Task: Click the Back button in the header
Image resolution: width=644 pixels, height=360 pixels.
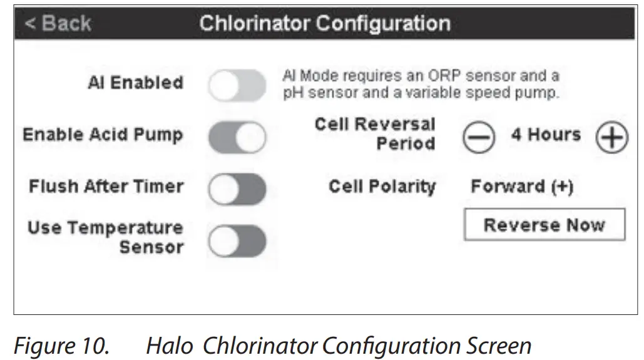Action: point(58,24)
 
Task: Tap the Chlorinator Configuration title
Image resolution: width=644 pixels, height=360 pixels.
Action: point(325,24)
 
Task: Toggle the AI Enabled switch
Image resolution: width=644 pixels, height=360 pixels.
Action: point(237,86)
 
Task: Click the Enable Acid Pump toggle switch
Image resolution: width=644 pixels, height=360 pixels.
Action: point(237,137)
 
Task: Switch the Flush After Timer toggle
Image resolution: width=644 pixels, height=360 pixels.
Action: point(237,189)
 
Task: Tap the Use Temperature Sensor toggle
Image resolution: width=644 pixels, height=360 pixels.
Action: point(237,241)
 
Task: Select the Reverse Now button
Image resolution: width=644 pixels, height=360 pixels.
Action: point(544,225)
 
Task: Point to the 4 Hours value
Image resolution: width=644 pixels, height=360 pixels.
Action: point(546,135)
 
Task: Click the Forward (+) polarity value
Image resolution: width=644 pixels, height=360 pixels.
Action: point(522,187)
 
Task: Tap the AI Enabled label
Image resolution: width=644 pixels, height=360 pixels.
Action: point(135,83)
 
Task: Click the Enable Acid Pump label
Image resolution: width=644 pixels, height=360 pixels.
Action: point(103,135)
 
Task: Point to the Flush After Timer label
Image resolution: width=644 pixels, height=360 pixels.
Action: point(106,187)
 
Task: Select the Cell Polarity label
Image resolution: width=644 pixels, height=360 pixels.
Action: point(382,187)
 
